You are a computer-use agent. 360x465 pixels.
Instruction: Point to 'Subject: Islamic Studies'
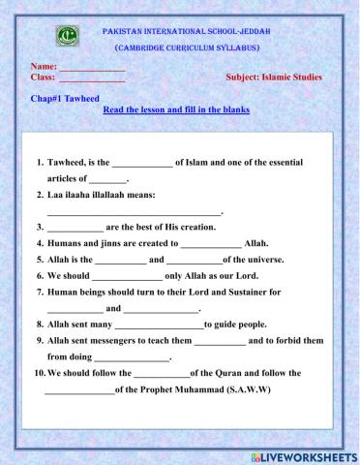274,77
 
